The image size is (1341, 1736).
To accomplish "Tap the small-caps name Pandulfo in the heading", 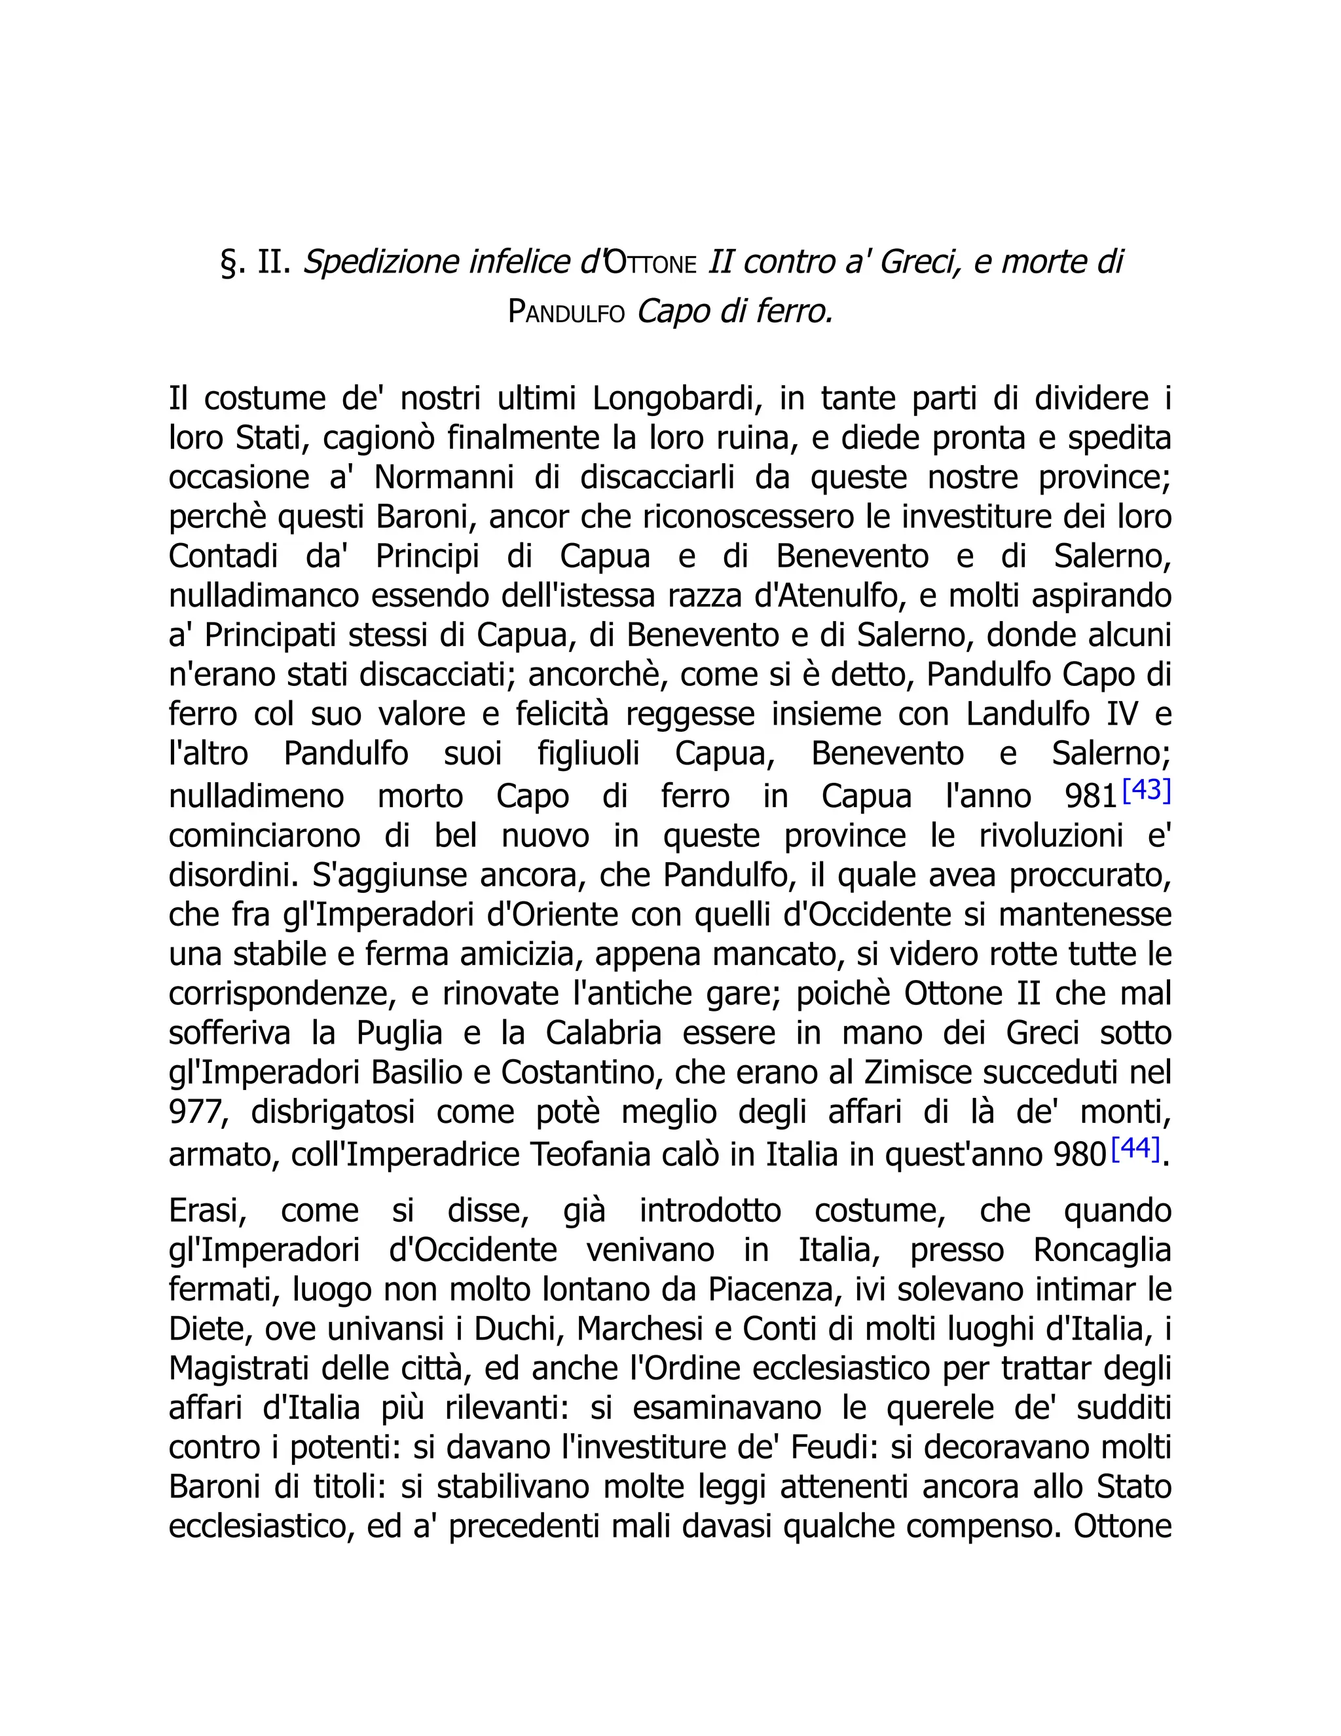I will pos(566,312).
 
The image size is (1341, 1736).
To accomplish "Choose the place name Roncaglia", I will pos(1102,1251).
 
